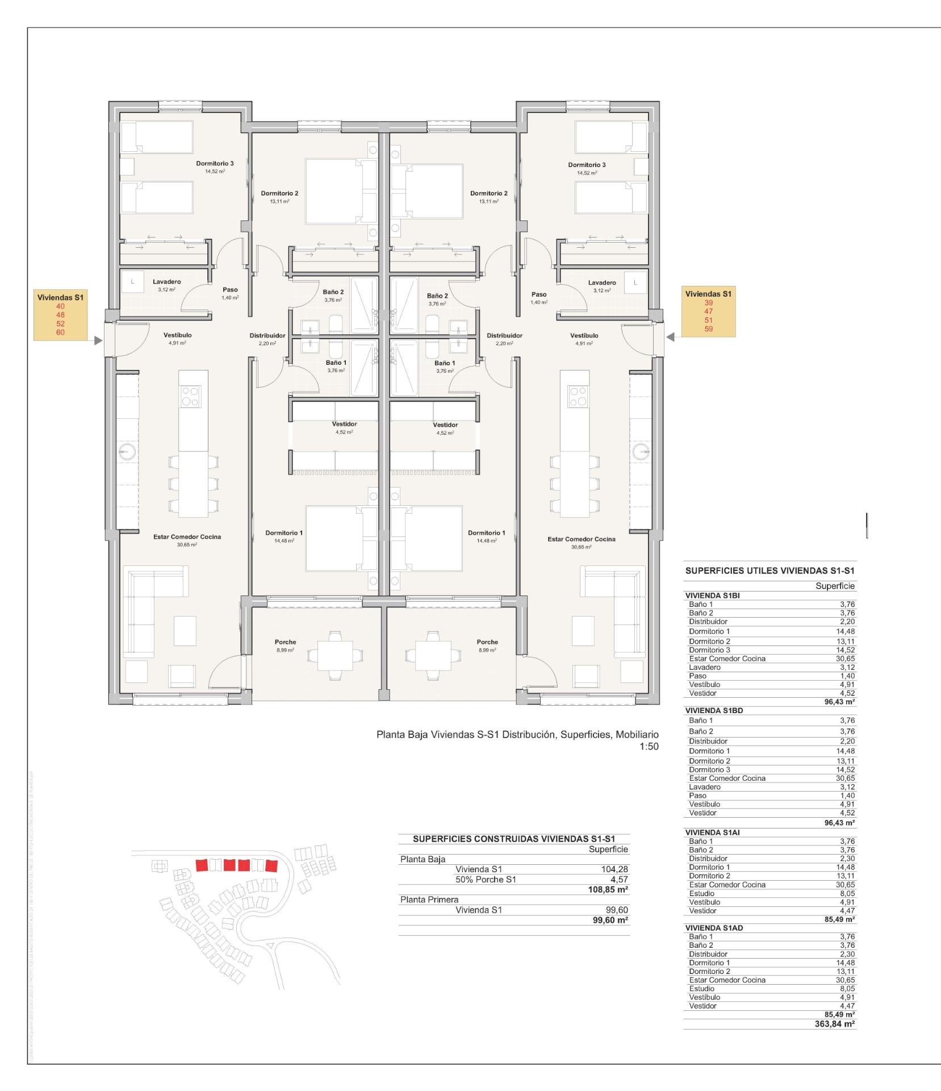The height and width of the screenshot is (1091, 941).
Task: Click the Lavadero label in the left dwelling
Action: coord(166,282)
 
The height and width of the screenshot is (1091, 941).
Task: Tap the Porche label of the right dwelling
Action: coord(487,642)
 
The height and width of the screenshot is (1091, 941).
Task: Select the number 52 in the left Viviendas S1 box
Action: coord(60,324)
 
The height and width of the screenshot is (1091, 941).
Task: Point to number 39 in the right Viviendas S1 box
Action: coord(708,303)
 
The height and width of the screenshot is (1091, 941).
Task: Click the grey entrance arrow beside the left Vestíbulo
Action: coord(98,340)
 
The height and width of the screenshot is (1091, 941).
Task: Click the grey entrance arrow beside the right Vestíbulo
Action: coord(671,337)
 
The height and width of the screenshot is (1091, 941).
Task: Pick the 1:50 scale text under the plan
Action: coord(649,747)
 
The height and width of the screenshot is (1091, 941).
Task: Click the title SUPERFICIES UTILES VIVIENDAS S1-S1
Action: coord(770,571)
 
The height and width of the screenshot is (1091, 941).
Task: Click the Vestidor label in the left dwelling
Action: coord(344,424)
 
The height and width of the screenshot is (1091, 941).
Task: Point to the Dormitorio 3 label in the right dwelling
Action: coord(587,165)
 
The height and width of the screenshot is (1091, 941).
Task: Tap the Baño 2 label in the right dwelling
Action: coord(437,295)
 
